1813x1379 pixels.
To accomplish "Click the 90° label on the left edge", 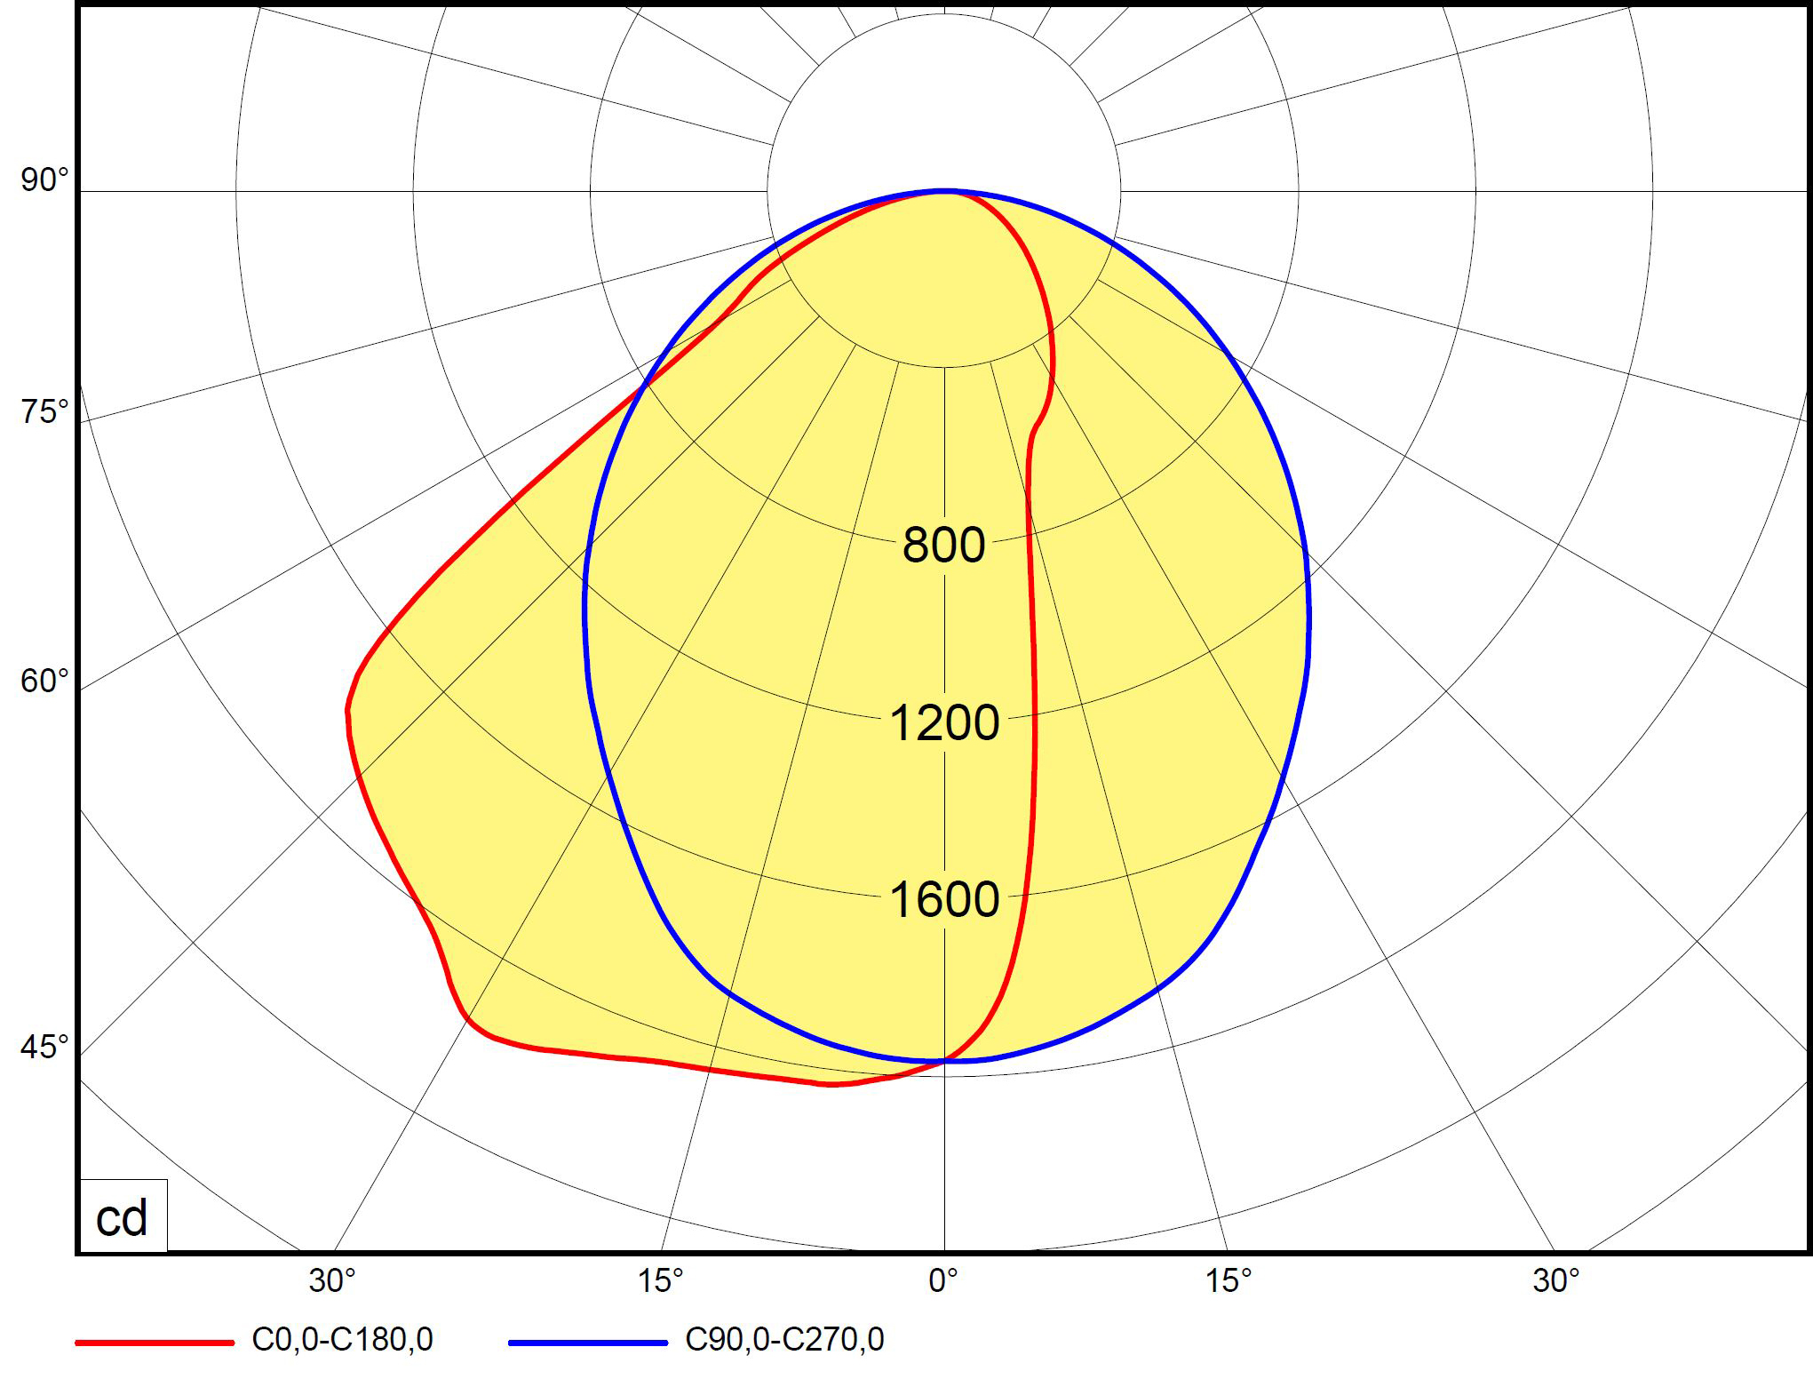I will pos(44,179).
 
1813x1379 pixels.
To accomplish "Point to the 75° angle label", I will pos(44,412).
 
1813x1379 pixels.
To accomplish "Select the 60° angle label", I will pos(44,681).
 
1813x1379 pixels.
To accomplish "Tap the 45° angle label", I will pos(44,1047).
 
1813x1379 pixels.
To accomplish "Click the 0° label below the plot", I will pos(943,1280).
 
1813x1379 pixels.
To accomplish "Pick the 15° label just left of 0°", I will pos(661,1280).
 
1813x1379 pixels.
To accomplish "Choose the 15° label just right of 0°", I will pos(1228,1280).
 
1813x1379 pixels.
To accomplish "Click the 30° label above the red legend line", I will pos(332,1280).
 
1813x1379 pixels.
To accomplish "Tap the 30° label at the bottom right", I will pos(1556,1280).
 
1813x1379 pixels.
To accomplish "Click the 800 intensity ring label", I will pos(943,545).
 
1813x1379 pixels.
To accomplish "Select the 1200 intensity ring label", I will pos(943,722).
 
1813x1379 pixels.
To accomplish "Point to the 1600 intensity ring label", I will pos(943,899).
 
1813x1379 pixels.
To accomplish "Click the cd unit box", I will pos(122,1217).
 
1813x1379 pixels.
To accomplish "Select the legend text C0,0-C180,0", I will pos(343,1339).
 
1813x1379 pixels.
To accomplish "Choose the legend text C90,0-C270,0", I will pos(784,1339).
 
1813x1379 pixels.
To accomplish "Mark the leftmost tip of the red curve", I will pos(347,711).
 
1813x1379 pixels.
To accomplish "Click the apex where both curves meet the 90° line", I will pos(944,190).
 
